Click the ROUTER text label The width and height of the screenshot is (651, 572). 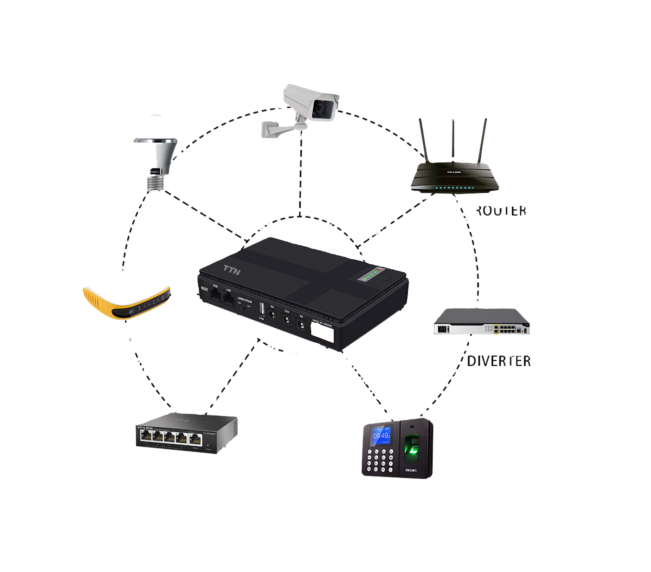pos(501,211)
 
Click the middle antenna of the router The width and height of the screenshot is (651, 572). pos(453,140)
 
